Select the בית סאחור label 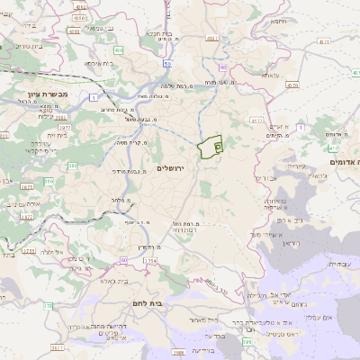pyautogui.click(x=206, y=319)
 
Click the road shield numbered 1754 pyautogui.click(x=149, y=261)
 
